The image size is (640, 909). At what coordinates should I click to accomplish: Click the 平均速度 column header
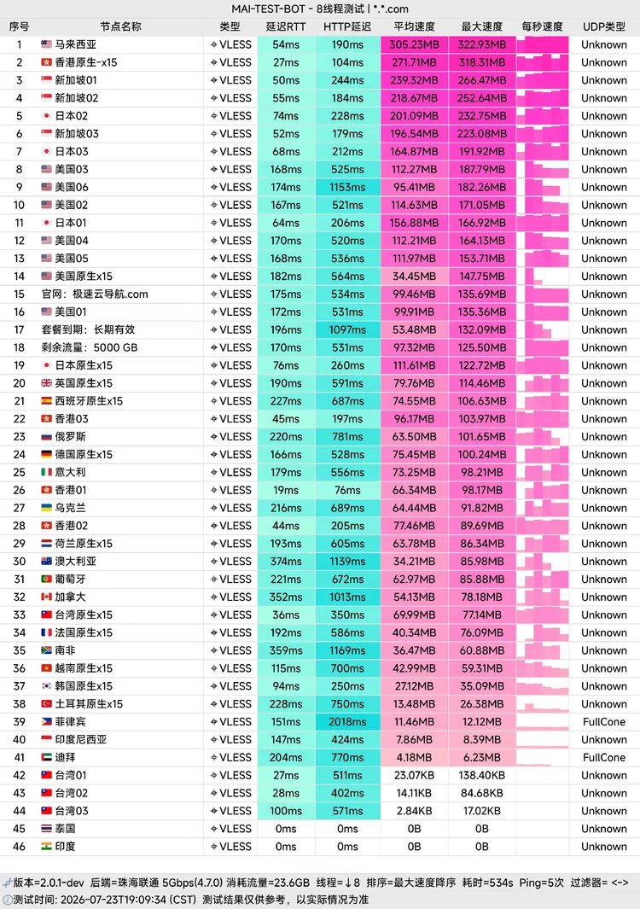(414, 26)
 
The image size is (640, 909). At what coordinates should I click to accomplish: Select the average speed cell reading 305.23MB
(414, 44)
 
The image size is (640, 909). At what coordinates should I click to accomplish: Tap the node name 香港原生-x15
(86, 62)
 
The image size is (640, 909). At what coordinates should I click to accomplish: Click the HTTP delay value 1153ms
(348, 187)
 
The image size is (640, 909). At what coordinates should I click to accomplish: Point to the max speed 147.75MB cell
(482, 277)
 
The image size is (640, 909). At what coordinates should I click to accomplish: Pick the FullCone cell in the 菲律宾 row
(604, 722)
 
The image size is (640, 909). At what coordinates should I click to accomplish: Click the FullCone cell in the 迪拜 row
(604, 758)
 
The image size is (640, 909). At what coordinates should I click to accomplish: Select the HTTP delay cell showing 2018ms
(348, 722)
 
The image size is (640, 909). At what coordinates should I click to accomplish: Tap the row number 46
(19, 847)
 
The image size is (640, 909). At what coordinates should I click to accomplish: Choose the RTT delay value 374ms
(286, 561)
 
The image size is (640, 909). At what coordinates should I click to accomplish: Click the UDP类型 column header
(604, 26)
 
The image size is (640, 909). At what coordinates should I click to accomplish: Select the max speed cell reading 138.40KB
(482, 775)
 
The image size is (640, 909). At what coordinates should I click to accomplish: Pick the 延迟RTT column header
(286, 26)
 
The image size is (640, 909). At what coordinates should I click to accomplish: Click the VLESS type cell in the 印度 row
(231, 847)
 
